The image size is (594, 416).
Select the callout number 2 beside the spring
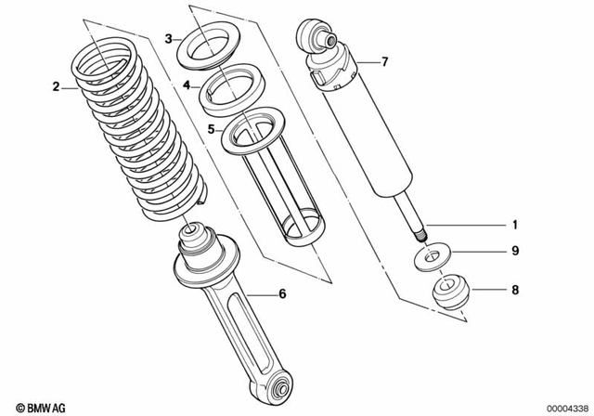pyautogui.click(x=56, y=87)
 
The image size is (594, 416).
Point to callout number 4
pyautogui.click(x=187, y=84)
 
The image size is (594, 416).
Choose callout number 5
pyautogui.click(x=211, y=130)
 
